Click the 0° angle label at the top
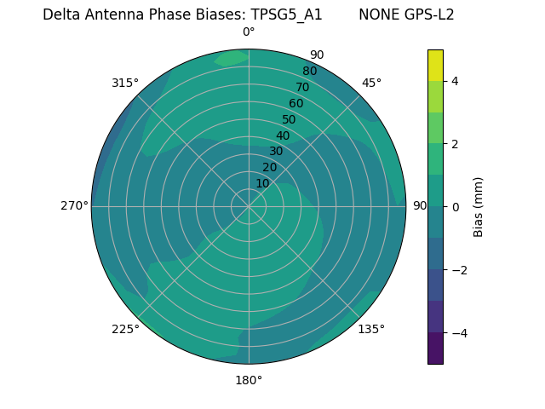(x=249, y=32)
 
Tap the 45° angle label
(x=371, y=83)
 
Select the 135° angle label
(x=371, y=329)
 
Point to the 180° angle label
(x=249, y=380)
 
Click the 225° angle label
(x=125, y=329)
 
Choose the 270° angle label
(x=74, y=206)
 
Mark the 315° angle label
(x=125, y=83)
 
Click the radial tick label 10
(x=262, y=183)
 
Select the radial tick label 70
(x=302, y=87)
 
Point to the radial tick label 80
(x=309, y=72)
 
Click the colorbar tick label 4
(x=456, y=81)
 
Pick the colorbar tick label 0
(x=456, y=206)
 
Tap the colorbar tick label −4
(x=458, y=332)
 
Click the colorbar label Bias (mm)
(x=479, y=206)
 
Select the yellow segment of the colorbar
(x=435, y=65)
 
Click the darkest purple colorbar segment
(x=435, y=348)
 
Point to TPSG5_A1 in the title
(x=286, y=14)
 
